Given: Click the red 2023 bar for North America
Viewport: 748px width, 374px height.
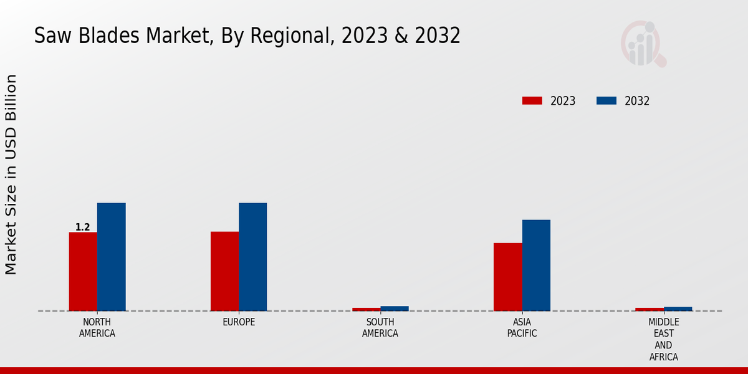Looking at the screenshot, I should coord(83,271).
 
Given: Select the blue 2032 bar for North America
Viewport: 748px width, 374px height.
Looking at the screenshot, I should coord(111,257).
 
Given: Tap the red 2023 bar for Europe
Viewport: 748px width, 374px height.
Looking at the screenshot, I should coord(224,271).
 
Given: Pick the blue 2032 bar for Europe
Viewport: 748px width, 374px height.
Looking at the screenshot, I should coord(252,257).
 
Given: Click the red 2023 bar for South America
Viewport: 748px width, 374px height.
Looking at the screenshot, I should coord(366,309).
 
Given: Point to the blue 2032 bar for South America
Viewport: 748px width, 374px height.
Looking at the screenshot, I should coord(395,309).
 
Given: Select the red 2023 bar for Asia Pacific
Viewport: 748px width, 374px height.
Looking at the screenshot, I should coord(507,277).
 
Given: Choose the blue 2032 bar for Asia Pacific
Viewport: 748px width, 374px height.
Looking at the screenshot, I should coord(536,265).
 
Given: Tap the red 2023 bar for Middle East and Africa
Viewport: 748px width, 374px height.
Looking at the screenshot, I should coord(650,309).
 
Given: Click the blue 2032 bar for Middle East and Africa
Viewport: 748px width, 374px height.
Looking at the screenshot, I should coord(678,309).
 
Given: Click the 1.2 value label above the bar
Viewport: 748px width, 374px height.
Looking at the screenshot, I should coord(83,228).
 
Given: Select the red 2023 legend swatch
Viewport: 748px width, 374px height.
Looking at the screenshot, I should coord(532,101).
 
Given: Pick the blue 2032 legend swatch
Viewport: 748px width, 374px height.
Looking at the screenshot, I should coord(606,101).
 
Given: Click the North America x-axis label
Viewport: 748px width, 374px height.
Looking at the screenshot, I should coord(97,328).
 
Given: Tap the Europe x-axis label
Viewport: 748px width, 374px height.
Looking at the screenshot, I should coord(239,322).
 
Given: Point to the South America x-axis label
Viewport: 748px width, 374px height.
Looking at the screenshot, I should coord(380,328).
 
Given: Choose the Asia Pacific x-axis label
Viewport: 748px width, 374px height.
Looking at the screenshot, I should coord(522,328).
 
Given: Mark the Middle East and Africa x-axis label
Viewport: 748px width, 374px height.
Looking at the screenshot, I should coord(663,340).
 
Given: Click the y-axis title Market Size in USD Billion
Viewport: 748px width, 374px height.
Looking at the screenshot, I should coord(11,175).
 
